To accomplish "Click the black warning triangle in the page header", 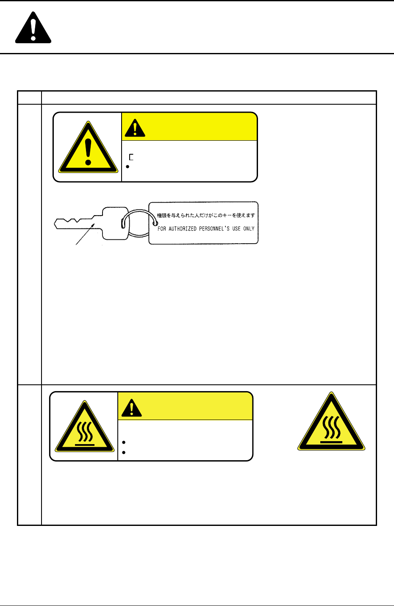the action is click(33, 28).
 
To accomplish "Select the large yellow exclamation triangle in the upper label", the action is click(88, 147).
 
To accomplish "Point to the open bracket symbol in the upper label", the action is click(131, 157).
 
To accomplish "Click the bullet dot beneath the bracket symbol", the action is click(128, 167).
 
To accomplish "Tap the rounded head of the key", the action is click(115, 223).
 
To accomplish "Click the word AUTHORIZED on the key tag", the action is click(183, 229).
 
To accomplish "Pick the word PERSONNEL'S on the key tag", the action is click(214, 228).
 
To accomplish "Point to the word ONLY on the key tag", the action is click(249, 228).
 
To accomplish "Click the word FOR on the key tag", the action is click(162, 229).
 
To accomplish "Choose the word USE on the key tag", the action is click(236, 228).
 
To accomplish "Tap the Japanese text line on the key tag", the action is click(206, 215).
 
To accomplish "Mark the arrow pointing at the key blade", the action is click(85, 234).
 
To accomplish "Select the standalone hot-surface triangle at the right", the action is click(331, 421).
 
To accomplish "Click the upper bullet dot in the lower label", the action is click(124, 442).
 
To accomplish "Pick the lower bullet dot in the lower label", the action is click(124, 452).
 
